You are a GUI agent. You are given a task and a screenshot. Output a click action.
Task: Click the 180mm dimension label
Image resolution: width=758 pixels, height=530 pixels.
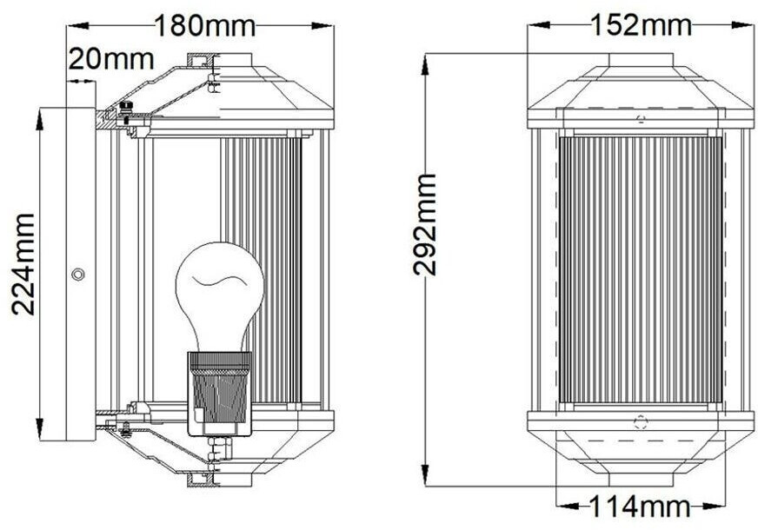(204, 26)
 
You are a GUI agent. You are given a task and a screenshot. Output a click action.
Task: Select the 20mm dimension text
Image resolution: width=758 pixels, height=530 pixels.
(111, 59)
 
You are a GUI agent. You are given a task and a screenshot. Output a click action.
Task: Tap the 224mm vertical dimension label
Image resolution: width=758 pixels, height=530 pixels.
(23, 264)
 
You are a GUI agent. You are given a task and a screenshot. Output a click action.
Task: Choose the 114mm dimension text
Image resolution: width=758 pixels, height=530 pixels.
(640, 507)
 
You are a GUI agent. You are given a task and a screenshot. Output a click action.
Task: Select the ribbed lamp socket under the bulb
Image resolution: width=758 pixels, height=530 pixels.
(220, 394)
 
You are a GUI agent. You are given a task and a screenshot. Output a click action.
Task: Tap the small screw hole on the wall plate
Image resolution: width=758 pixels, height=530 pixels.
(78, 275)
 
